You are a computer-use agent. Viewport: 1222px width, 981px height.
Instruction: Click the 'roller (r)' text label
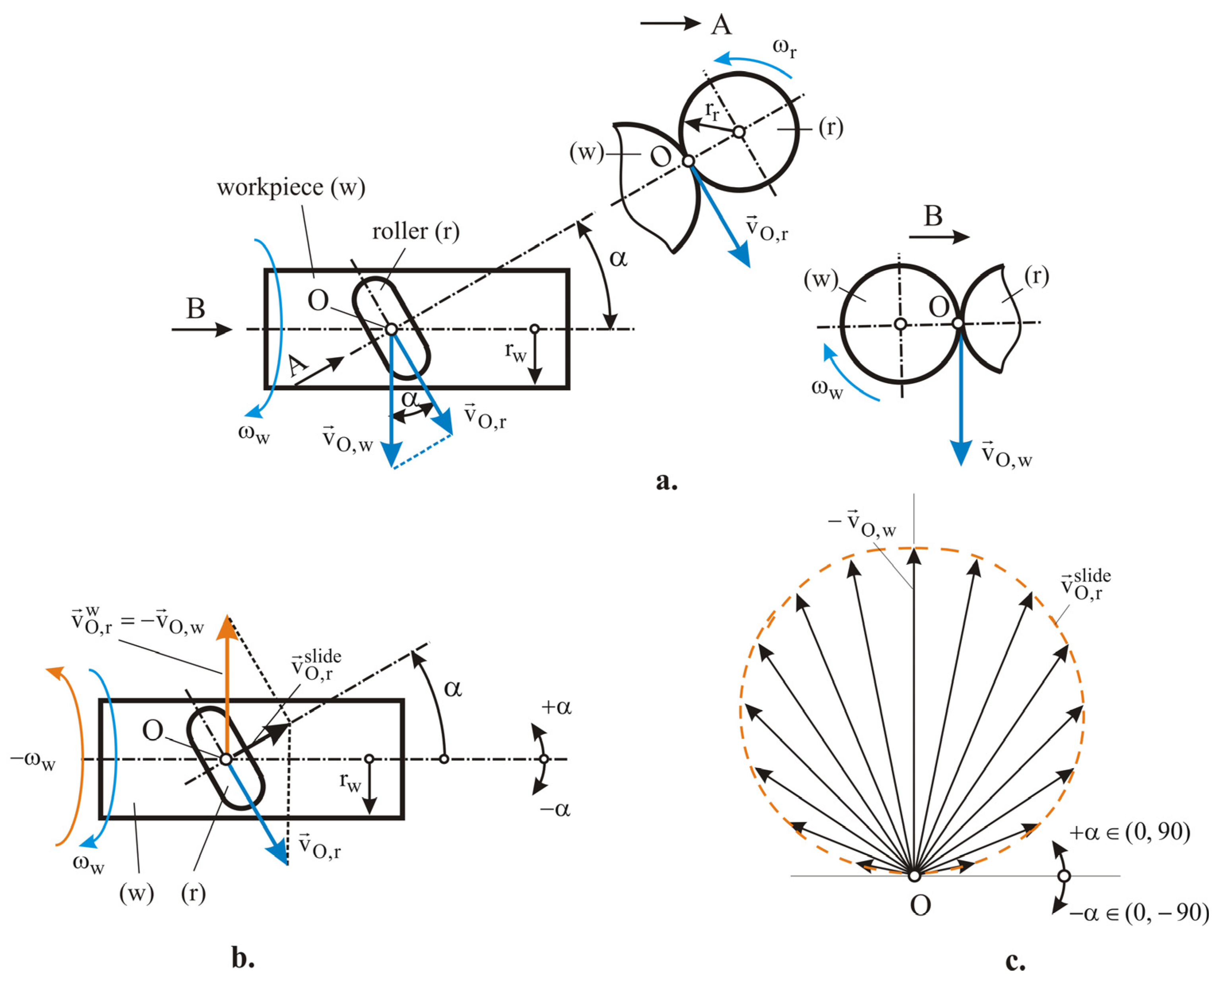tap(415, 232)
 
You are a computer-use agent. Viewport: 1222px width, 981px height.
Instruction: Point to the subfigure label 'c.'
tap(1014, 961)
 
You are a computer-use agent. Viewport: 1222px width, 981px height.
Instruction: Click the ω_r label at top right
tap(784, 49)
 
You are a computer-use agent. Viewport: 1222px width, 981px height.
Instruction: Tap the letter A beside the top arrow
tap(721, 25)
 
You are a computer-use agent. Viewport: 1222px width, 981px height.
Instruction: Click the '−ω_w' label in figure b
tap(33, 761)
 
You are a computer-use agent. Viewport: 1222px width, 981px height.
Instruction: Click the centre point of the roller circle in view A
tap(739, 132)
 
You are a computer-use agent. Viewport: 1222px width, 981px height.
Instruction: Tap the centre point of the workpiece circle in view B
tap(900, 324)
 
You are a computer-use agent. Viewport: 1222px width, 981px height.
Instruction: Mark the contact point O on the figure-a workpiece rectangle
tap(391, 329)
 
